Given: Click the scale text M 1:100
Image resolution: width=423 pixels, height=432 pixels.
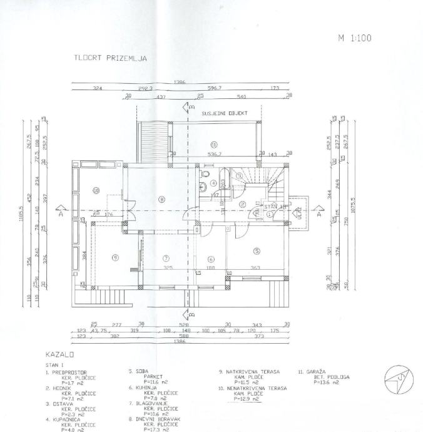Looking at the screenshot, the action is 355,38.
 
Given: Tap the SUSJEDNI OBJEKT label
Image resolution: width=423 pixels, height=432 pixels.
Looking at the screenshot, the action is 225,113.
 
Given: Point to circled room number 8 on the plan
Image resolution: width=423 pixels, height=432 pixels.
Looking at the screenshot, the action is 161,200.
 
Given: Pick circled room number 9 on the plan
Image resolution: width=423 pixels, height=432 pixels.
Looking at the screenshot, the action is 115,257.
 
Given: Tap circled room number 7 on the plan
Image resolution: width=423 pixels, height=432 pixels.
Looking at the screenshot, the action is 166,258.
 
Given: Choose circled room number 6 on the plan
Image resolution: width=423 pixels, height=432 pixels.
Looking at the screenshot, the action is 211,259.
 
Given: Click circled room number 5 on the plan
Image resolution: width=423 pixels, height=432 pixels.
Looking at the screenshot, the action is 257,252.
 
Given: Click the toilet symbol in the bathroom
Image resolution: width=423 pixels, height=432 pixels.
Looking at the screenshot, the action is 205,176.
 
